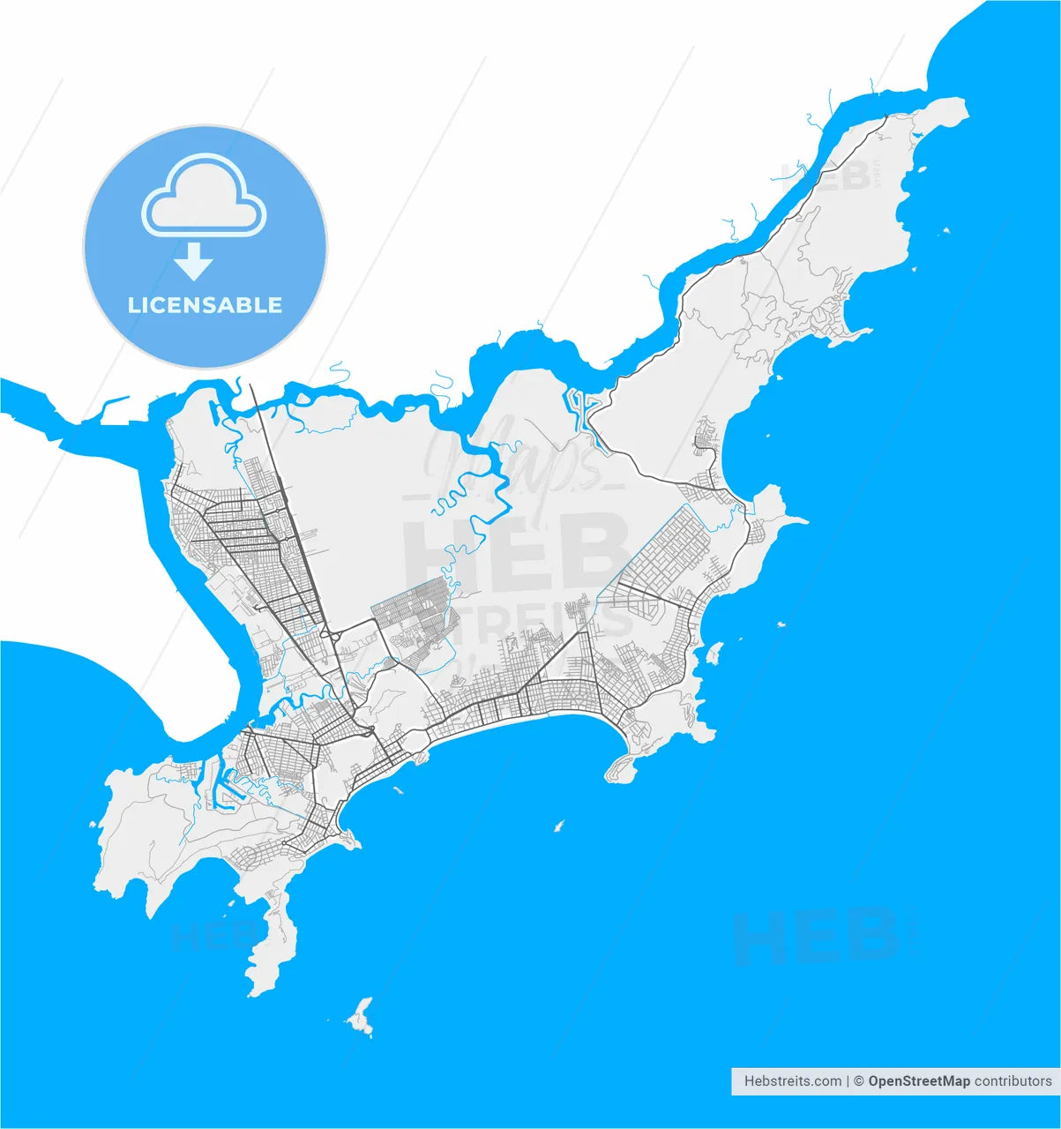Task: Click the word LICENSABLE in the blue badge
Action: [205, 305]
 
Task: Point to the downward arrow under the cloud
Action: [193, 262]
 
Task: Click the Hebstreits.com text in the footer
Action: [792, 1080]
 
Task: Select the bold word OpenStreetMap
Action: [918, 1080]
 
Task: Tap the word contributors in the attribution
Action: [1013, 1080]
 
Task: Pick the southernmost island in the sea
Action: [361, 1018]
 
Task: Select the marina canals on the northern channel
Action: [583, 407]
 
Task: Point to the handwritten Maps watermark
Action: [512, 459]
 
